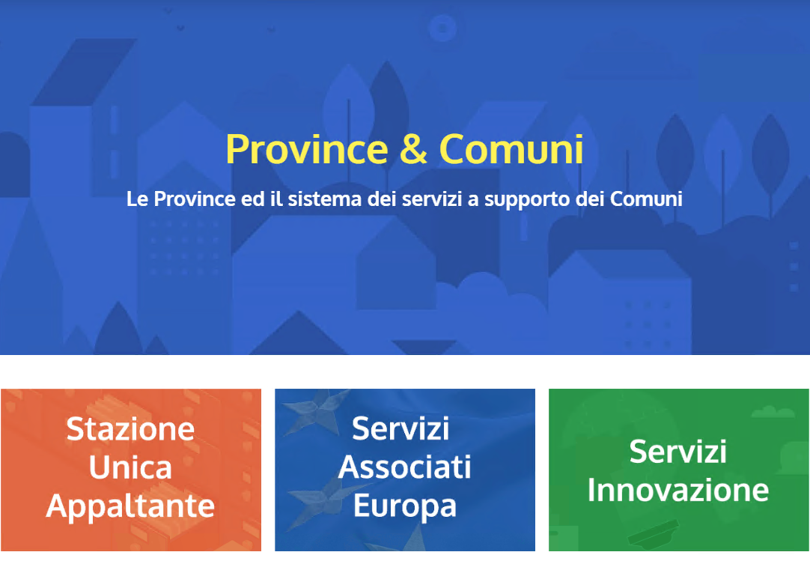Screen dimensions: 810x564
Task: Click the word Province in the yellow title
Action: click(307, 149)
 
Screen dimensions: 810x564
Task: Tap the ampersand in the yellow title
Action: click(413, 149)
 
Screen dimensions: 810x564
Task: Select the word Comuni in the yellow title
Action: click(511, 149)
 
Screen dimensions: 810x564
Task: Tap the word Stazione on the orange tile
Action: click(130, 429)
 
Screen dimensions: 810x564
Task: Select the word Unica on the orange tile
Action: click(130, 467)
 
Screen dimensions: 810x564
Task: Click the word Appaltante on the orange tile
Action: click(130, 507)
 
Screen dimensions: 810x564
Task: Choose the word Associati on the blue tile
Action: click(404, 467)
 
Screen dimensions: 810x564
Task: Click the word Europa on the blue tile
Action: click(404, 506)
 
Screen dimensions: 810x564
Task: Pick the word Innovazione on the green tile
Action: click(678, 490)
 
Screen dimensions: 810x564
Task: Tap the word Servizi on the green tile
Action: click(678, 452)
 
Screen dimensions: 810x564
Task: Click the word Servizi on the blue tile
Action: click(401, 429)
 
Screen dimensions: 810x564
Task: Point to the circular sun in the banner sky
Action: click(442, 28)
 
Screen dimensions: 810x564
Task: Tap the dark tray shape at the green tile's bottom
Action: click(653, 534)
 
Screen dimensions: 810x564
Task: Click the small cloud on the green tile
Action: click(773, 412)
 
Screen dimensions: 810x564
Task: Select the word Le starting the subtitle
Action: click(138, 199)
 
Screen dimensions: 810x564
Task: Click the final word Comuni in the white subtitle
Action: click(646, 199)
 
